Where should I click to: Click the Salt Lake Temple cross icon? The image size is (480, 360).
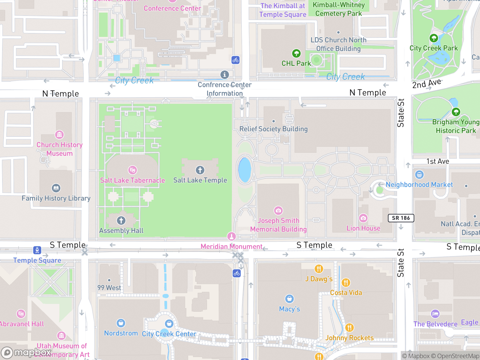200,170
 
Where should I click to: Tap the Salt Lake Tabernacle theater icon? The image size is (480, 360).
132,170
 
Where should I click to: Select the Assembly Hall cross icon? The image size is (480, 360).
121,220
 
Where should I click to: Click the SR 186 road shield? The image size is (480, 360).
401,218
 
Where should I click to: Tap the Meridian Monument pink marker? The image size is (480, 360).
231,236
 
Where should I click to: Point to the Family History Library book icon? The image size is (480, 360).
56,188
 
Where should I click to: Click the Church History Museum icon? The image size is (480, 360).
59,135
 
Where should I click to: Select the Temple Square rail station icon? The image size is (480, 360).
37,250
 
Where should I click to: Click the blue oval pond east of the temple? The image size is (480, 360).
244,170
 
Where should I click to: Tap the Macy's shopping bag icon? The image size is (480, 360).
289,299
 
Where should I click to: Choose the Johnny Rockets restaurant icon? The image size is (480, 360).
349,328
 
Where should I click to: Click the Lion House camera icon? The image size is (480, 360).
363,218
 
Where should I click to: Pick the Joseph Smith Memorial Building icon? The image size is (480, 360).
278,211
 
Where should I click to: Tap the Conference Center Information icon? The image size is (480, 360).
224,75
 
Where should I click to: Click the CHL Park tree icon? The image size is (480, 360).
296,53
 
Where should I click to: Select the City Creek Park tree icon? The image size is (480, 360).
433,38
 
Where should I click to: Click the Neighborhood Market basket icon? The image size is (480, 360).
419,174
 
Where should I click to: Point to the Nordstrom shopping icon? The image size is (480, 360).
121,323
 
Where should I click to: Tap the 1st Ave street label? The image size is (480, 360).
438,161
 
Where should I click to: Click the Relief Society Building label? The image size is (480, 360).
273,129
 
